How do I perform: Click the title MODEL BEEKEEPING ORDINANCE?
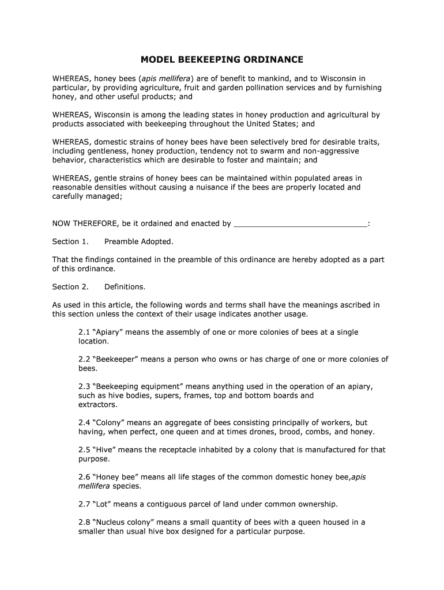[x=222, y=60]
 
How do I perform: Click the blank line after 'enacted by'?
[x=300, y=224]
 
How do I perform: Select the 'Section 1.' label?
[x=70, y=242]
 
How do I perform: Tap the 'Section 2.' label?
[x=70, y=287]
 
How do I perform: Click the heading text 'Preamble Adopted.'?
[x=138, y=242]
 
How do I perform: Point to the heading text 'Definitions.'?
[x=125, y=287]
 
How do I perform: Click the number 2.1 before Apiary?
[x=84, y=332]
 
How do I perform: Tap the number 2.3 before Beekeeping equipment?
[x=84, y=387]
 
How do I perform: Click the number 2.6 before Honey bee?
[x=84, y=477]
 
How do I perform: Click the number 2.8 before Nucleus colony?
[x=84, y=523]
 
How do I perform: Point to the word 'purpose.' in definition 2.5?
[x=94, y=459]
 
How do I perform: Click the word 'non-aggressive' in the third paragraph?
[x=330, y=151]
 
